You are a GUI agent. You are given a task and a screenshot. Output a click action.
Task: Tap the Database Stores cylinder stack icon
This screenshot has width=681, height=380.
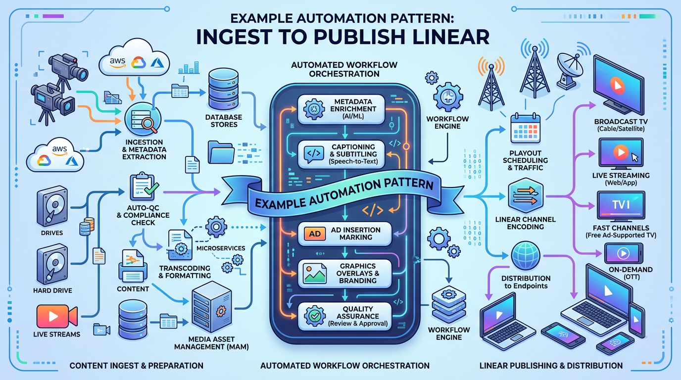point(224,89)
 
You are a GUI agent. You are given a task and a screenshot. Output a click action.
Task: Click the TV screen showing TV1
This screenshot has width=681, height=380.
point(621,205)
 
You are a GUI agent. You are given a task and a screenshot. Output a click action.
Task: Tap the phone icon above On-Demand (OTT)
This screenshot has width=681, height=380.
point(624,253)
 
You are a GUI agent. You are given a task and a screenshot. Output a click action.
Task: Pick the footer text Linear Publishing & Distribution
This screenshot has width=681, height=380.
point(551,366)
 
